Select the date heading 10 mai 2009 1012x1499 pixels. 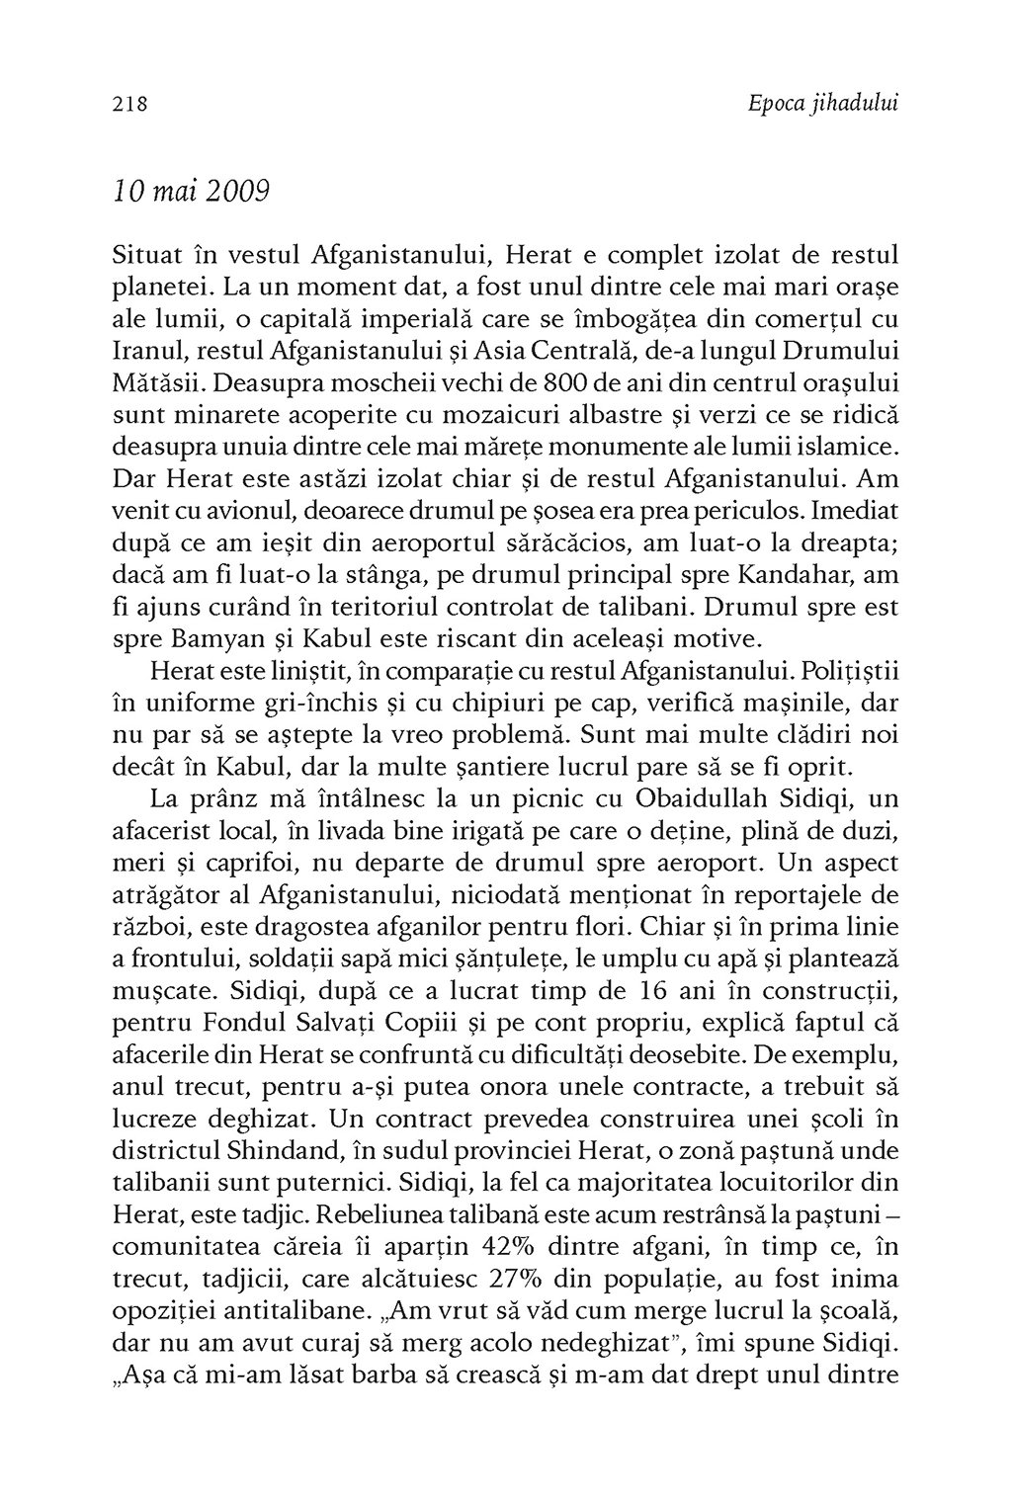(x=190, y=192)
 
